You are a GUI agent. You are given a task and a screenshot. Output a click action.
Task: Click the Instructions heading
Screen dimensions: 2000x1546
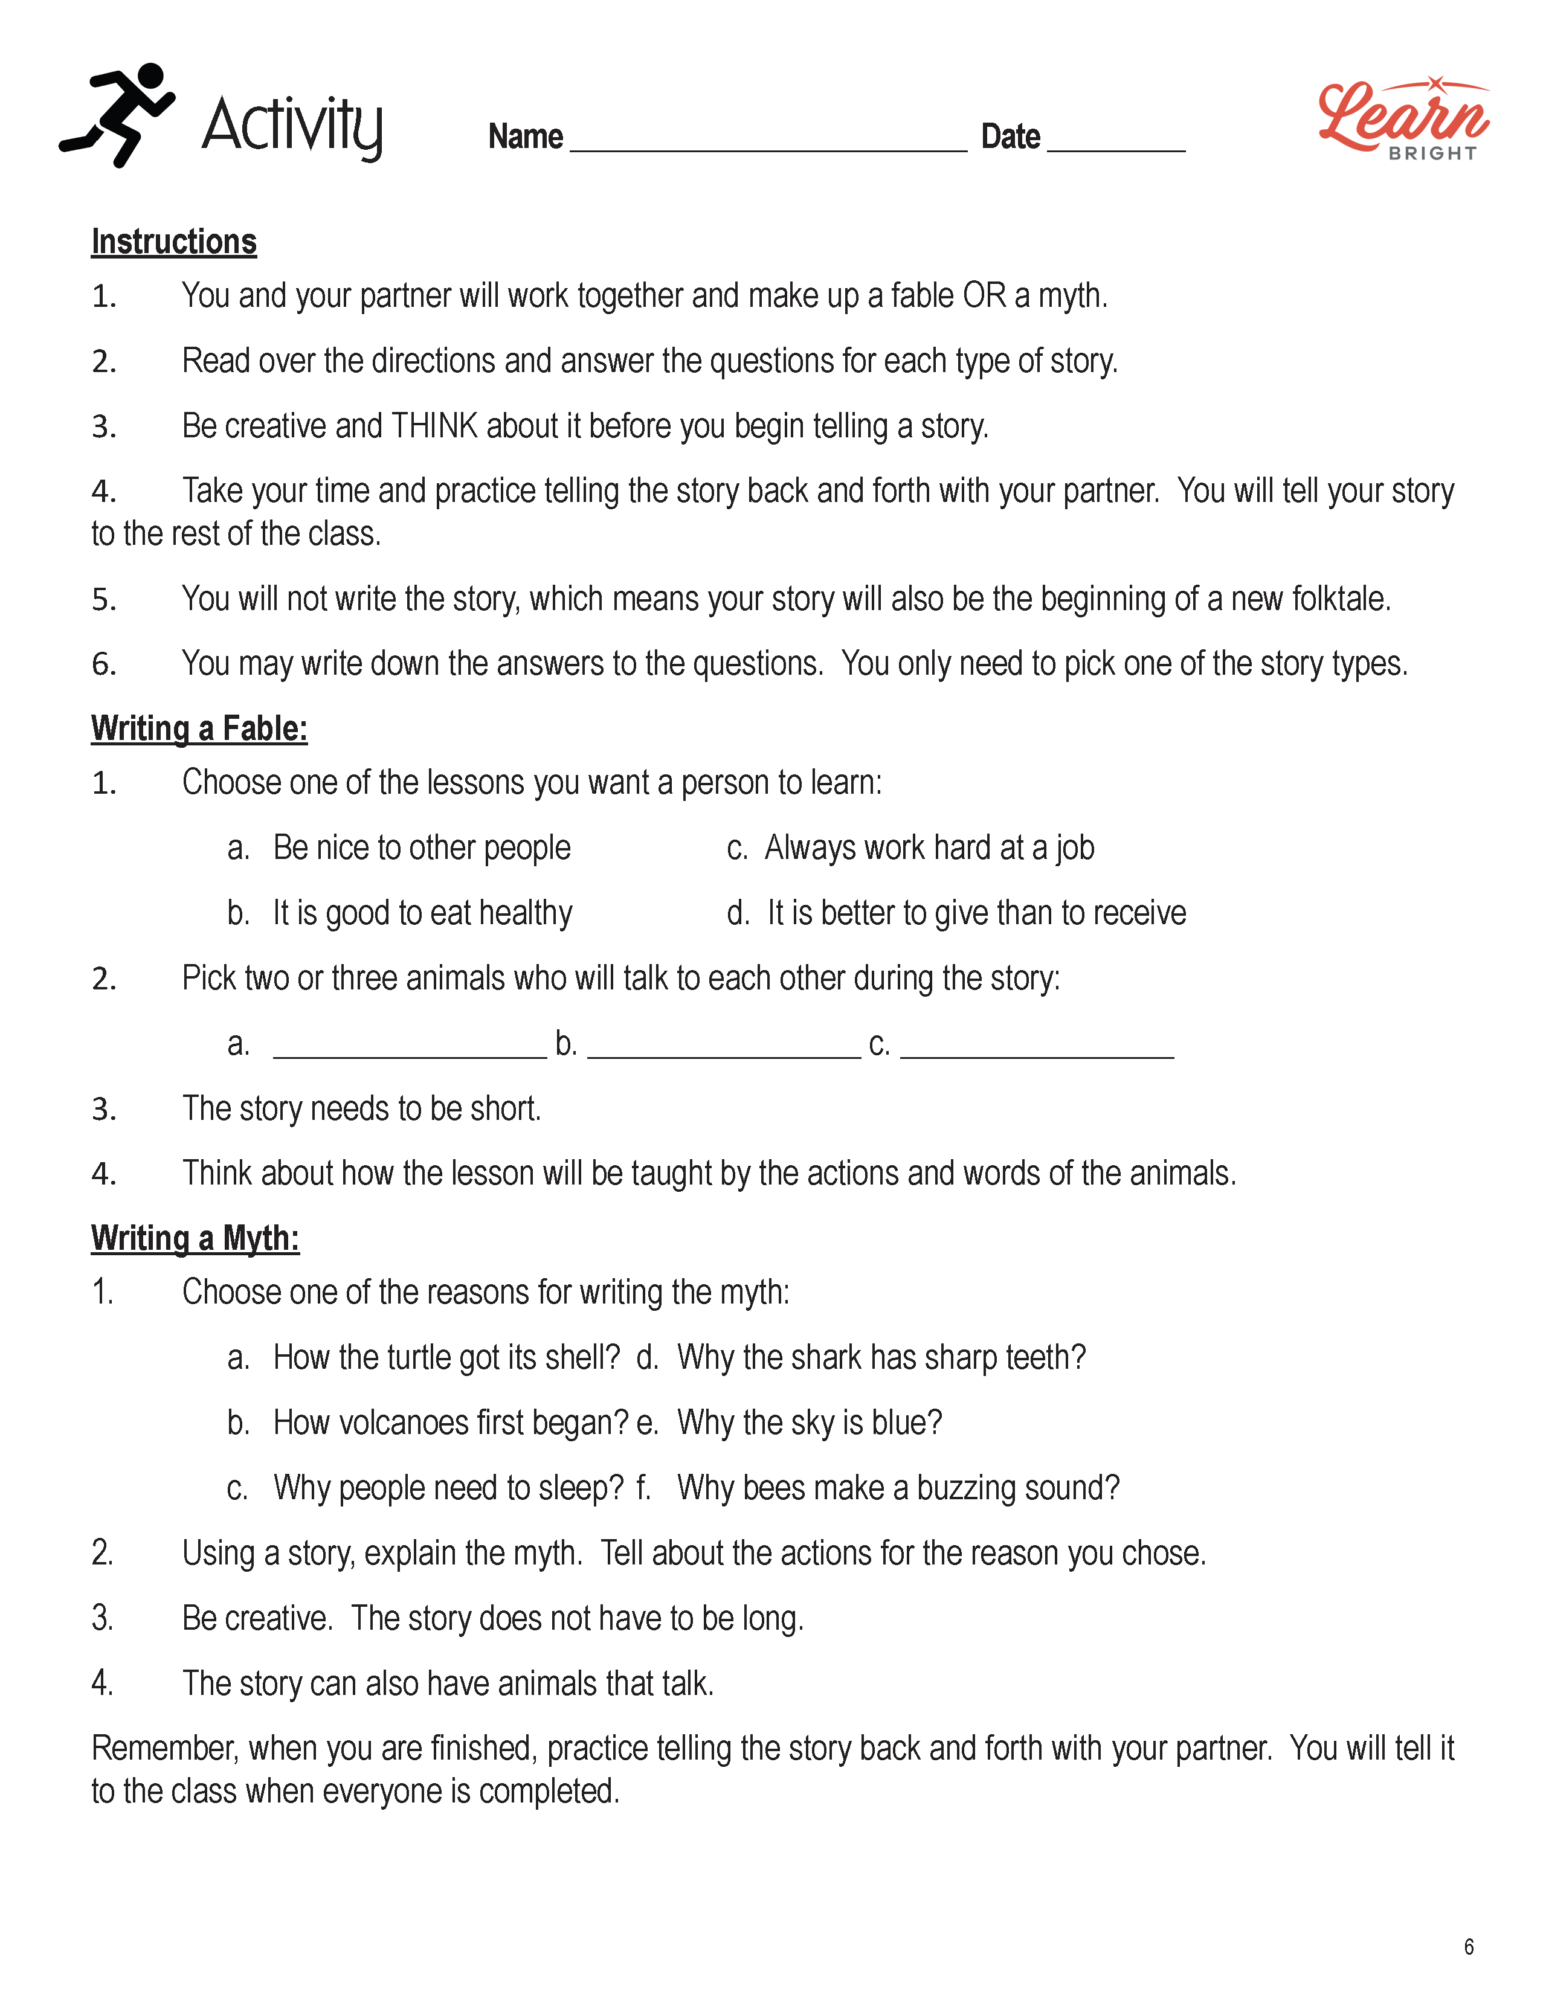pyautogui.click(x=174, y=242)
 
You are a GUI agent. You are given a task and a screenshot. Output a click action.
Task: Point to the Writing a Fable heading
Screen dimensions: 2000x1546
pyautogui.click(x=199, y=729)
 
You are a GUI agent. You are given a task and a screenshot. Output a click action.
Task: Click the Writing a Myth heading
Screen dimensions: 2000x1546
pyautogui.click(x=195, y=1238)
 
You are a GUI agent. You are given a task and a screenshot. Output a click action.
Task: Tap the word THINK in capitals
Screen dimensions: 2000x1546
pyautogui.click(x=434, y=426)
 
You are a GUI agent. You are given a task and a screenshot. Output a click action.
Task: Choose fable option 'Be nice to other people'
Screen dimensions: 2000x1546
pyautogui.click(x=421, y=849)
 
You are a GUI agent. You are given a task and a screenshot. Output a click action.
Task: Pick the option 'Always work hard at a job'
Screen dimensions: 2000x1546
pyautogui.click(x=929, y=849)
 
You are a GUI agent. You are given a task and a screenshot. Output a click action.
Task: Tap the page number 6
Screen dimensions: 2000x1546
pyautogui.click(x=1468, y=1947)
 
